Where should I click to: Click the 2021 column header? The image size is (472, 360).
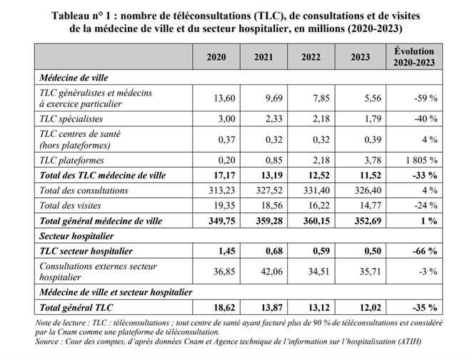tap(263, 57)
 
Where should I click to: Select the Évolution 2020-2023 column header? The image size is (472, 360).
tap(414, 57)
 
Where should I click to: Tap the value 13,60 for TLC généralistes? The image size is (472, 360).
tap(224, 98)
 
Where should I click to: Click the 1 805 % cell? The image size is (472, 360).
tap(421, 160)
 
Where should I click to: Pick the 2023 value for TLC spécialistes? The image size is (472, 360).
tap(373, 119)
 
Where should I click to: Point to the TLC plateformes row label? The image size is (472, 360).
tap(71, 161)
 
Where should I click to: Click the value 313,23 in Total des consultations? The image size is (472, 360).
tap(222, 190)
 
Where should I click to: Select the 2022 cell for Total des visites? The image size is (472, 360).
tap(318, 205)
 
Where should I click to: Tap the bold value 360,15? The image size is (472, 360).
tap(316, 221)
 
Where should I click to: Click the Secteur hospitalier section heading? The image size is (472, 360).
tap(76, 236)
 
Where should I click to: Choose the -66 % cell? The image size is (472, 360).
tap(425, 251)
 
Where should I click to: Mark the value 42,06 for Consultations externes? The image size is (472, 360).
tap(271, 271)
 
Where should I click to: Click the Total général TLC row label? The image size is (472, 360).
tap(76, 308)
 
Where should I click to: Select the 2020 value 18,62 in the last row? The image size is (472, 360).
tap(224, 308)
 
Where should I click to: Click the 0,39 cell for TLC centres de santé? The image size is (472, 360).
tap(373, 139)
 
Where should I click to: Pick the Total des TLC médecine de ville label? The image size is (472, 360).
tap(103, 176)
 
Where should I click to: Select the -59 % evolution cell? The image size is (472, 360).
tap(426, 98)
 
